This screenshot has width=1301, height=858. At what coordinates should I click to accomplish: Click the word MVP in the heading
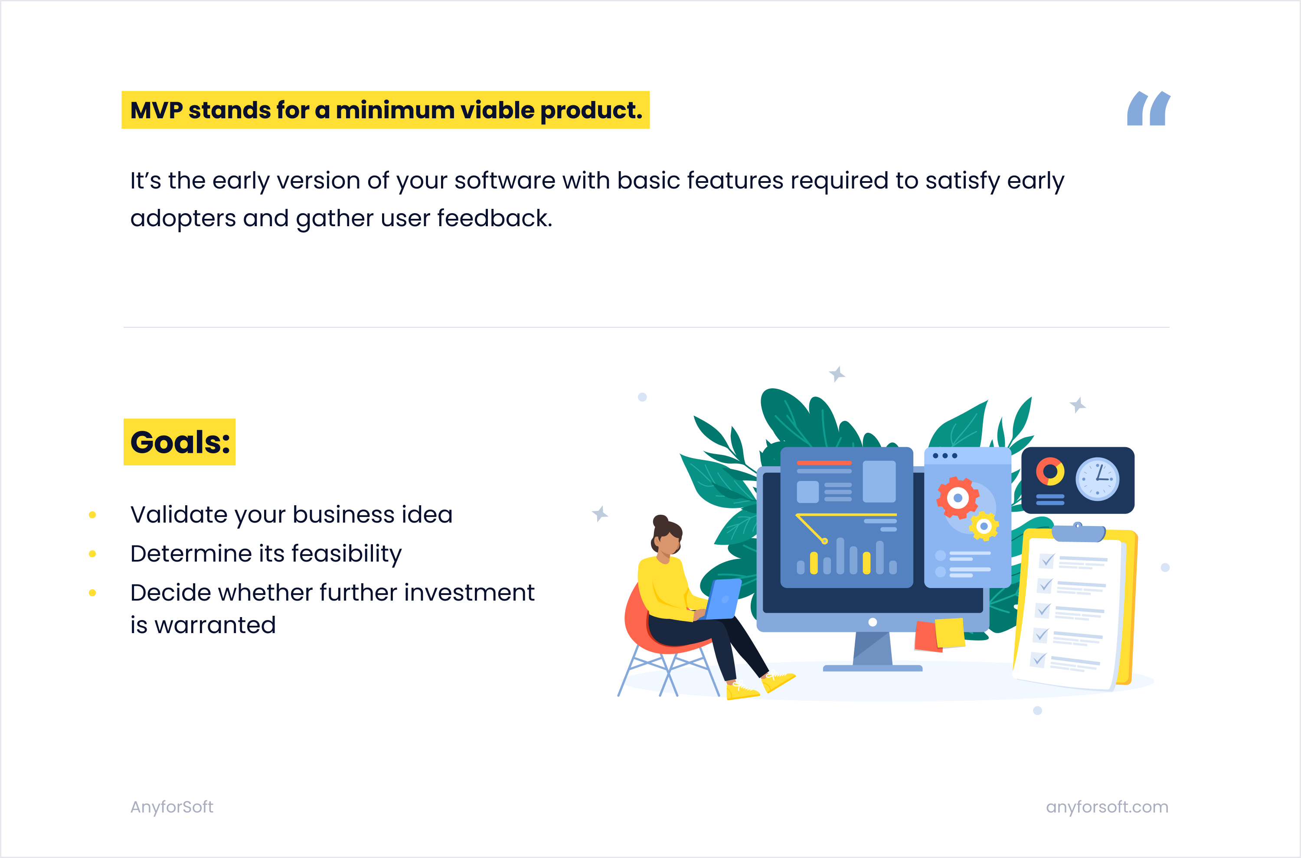[157, 110]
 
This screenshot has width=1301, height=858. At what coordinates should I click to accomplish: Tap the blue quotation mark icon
[1148, 108]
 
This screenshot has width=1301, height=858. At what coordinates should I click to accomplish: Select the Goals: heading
[180, 442]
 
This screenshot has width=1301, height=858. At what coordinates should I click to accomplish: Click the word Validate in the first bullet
[179, 514]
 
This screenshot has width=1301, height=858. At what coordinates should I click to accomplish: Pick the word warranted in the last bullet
[215, 625]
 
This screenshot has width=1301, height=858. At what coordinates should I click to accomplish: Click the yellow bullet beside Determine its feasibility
[92, 554]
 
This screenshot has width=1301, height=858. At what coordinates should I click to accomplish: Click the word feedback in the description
[494, 218]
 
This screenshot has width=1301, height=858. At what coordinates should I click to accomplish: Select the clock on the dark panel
[1097, 479]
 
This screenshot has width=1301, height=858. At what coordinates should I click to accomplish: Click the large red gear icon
[958, 498]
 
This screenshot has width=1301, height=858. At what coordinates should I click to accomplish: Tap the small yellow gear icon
[984, 526]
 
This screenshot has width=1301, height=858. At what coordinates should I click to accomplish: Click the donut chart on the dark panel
[1049, 471]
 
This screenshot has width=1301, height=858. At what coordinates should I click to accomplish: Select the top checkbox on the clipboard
[1047, 560]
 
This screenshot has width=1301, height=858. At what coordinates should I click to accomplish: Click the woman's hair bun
[661, 521]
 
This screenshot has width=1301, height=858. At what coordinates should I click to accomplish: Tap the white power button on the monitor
[873, 622]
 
